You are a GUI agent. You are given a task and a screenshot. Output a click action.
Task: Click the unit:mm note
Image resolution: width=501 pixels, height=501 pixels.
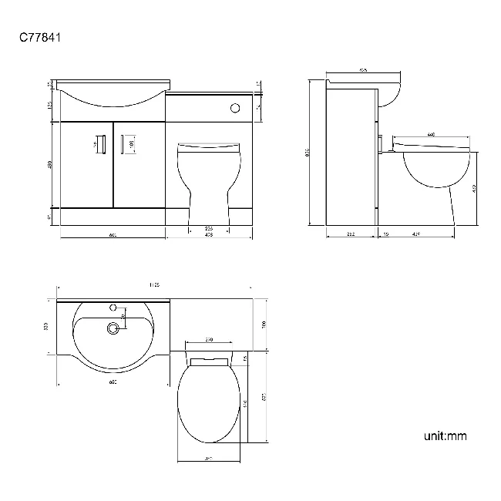coord(445,436)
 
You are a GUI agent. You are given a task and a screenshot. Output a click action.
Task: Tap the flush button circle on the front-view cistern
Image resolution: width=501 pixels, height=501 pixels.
coord(234,108)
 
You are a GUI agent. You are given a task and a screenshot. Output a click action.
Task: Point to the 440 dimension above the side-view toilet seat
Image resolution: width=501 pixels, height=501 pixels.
coord(431,135)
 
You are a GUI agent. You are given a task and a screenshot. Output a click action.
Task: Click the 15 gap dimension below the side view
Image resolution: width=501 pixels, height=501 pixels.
coord(385,233)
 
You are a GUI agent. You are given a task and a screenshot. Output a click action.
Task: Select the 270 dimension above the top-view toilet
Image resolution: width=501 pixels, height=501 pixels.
coord(209,340)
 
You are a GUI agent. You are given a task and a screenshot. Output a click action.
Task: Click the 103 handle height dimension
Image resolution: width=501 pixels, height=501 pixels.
coord(132,143)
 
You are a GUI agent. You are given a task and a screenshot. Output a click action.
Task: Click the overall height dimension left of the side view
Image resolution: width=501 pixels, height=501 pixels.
coord(308,152)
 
